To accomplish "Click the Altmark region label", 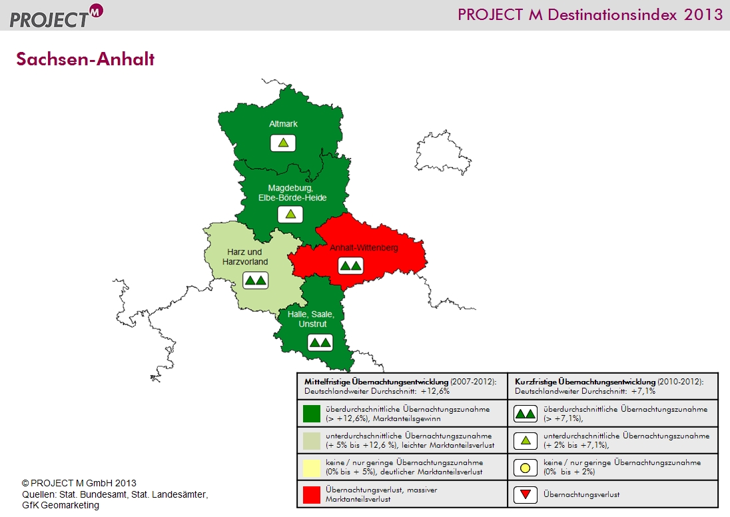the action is tap(283, 124).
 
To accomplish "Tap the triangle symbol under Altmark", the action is tap(283, 143).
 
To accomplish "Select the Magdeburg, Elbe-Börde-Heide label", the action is tap(292, 193).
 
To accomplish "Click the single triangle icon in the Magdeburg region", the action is tap(290, 215).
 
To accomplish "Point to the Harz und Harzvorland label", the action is tap(245, 257).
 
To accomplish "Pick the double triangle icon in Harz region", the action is tap(256, 280).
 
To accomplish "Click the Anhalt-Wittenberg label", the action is tap(364, 248).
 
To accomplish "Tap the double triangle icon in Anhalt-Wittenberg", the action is tap(350, 266).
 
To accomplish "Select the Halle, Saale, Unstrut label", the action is tap(310, 319).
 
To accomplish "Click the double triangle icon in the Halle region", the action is tap(320, 343).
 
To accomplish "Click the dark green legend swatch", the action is tap(312, 414).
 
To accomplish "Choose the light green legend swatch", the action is tap(312, 440).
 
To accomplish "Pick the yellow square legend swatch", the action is tap(312, 468).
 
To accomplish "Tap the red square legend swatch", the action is tap(312, 494).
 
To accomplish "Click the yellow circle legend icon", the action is tap(525, 468).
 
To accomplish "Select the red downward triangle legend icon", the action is tap(525, 494).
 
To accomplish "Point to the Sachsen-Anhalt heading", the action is tap(85, 59).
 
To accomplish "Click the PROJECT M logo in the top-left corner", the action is tap(56, 16).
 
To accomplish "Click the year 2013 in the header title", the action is tap(703, 15).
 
